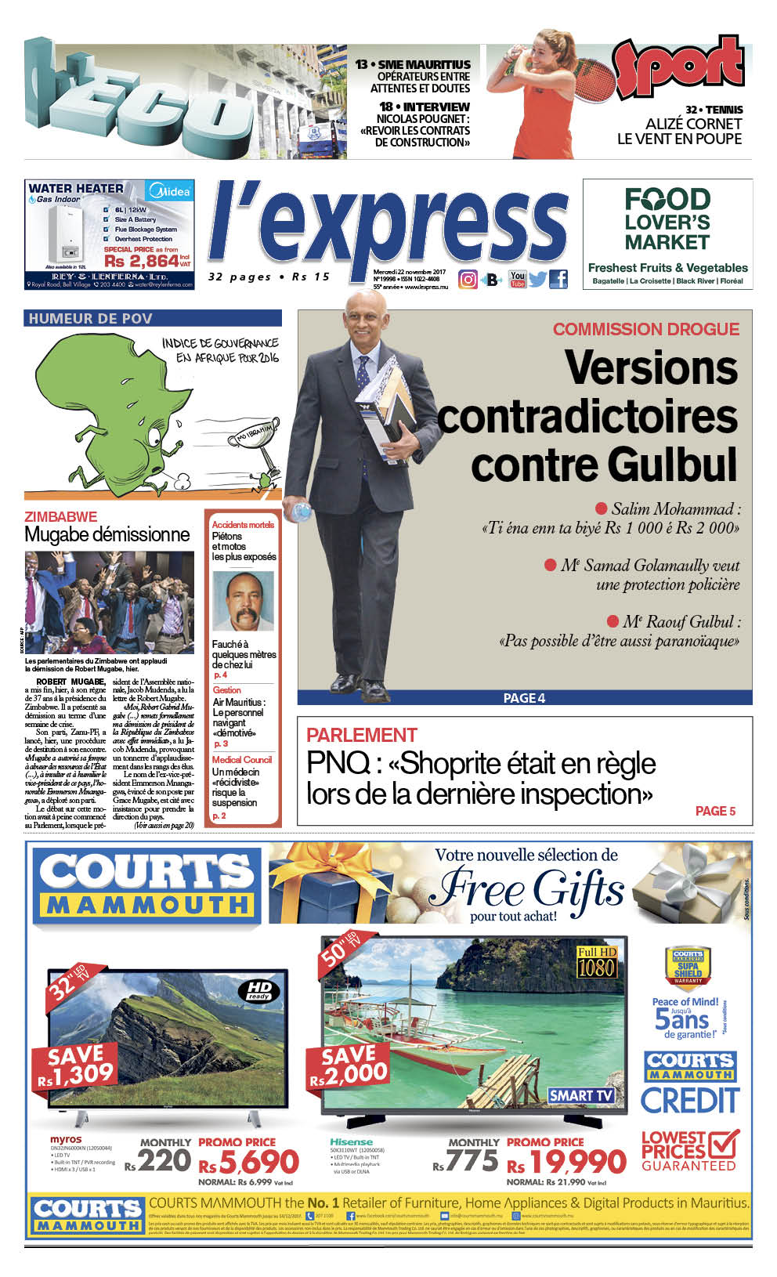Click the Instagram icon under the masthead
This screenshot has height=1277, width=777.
click(468, 279)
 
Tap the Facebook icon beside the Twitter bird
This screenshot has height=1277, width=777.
click(558, 279)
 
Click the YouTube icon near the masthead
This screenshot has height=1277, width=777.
click(517, 279)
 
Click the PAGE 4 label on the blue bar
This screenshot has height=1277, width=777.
click(524, 698)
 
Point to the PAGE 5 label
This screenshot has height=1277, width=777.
click(715, 811)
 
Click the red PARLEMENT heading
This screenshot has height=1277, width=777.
click(361, 735)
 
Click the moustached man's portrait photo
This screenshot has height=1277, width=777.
click(244, 601)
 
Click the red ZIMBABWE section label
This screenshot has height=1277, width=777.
click(61, 517)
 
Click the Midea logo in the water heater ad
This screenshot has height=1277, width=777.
click(170, 191)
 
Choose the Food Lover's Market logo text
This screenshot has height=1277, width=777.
click(667, 220)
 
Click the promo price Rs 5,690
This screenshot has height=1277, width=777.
click(250, 1162)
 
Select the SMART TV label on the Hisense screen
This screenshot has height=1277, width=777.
click(581, 1095)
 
